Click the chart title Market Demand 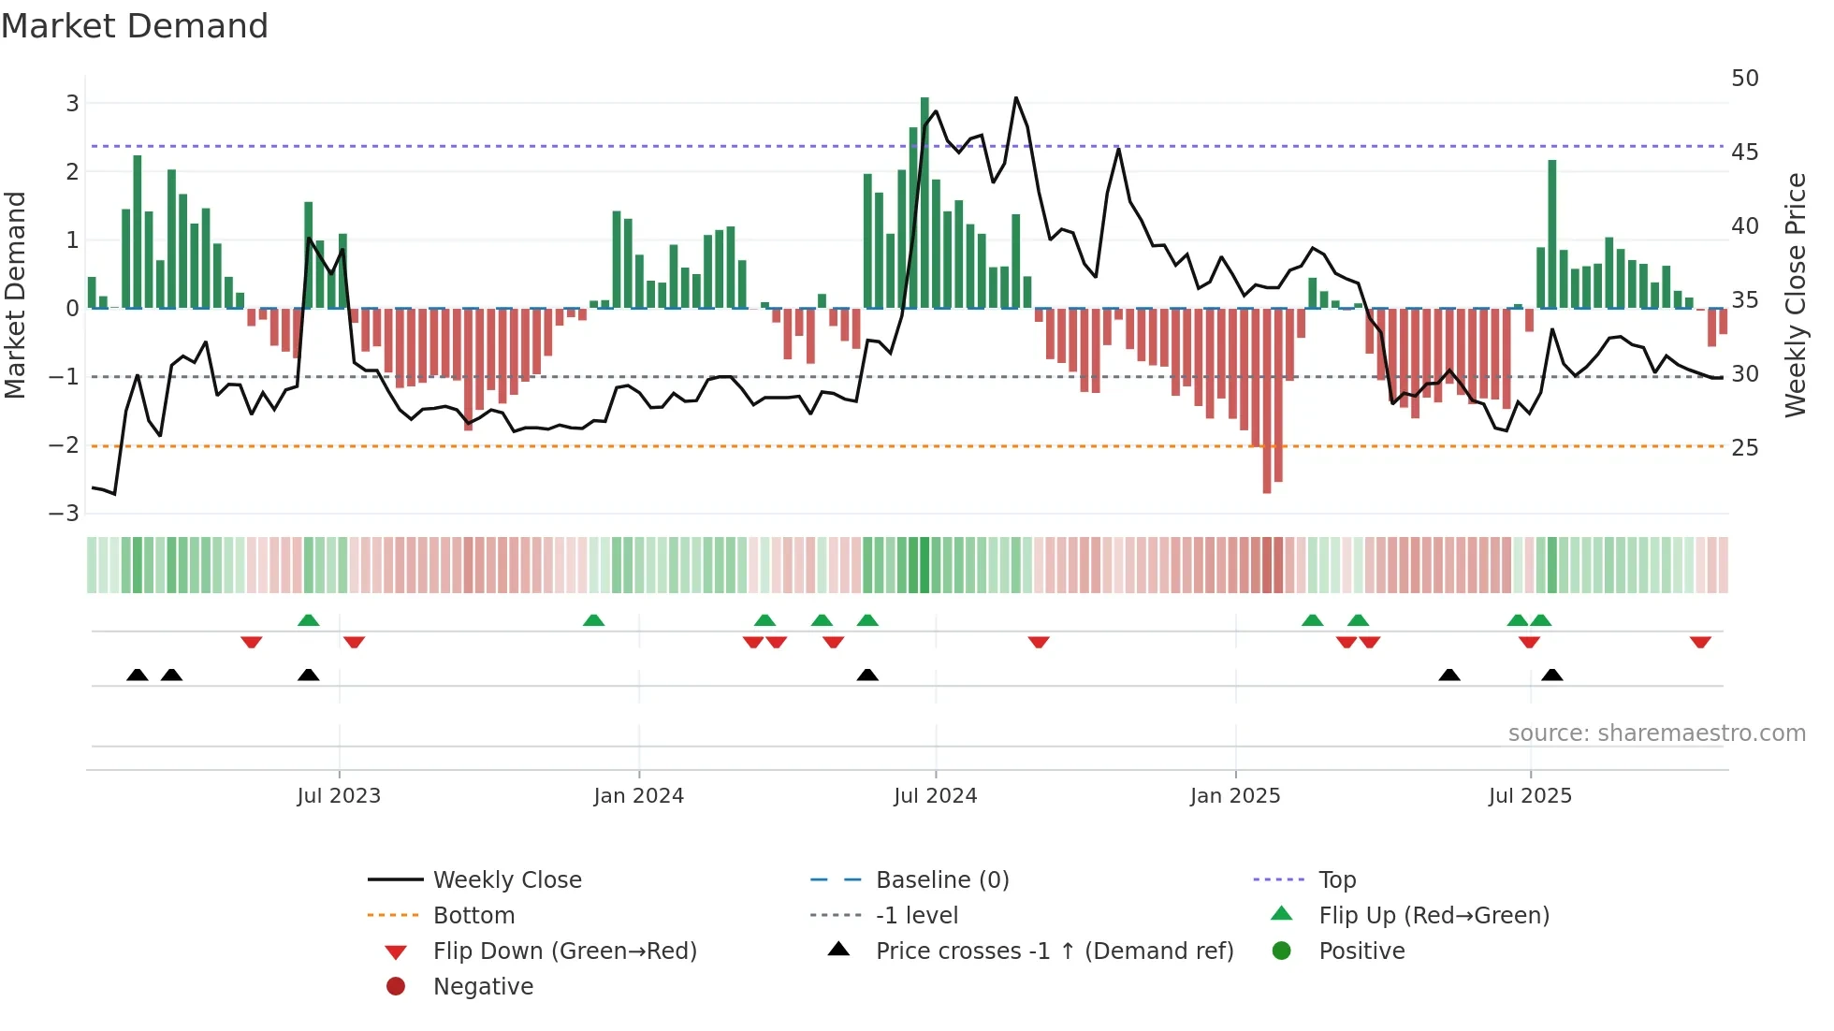pos(135,26)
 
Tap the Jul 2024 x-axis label pos(935,796)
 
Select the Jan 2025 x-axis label pos(1234,796)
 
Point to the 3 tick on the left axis pos(72,103)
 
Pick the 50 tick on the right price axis pos(1744,79)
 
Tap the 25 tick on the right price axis pos(1744,447)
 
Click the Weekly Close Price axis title pos(1795,295)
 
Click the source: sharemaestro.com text pos(1656,733)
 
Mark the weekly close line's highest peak pos(1016,98)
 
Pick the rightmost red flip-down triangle pos(1700,642)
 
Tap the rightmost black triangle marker pos(1551,675)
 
